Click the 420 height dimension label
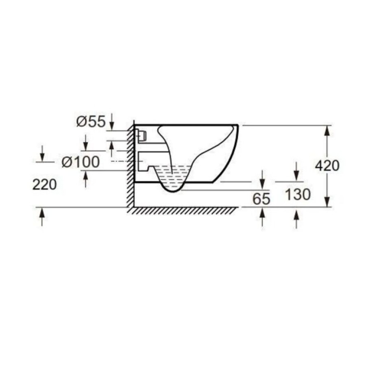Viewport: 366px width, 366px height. (327, 166)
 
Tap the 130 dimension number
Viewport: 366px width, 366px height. (298, 194)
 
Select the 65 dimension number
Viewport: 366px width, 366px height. (261, 199)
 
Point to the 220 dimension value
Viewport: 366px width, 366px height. (44, 184)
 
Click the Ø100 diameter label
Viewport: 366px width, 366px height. (81, 161)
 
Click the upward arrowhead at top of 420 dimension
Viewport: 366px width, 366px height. (327, 131)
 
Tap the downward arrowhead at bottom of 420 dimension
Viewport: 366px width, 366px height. (327, 202)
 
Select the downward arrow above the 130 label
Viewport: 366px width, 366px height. (296, 172)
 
